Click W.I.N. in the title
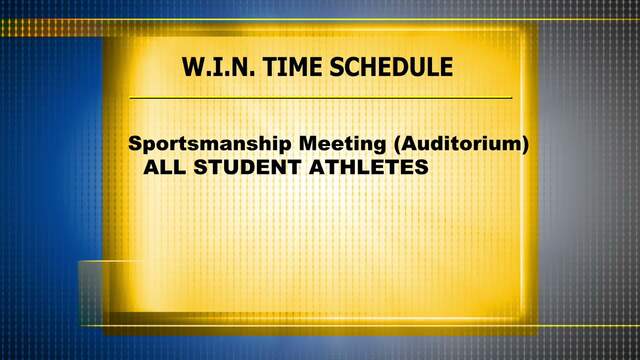coord(218,67)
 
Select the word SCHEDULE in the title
coord(391,67)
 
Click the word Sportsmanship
coord(210,144)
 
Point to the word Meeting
coord(342,144)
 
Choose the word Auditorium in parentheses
coord(461,144)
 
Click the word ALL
coord(164,167)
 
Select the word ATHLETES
coord(369,167)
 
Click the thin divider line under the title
coord(320,98)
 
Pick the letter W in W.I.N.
coord(194,67)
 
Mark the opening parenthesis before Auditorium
coord(397,144)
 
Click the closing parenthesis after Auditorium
coord(525,144)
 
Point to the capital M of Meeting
coord(309,144)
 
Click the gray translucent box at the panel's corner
coord(91,293)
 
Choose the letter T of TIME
coord(270,67)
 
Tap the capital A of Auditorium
coord(411,144)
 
